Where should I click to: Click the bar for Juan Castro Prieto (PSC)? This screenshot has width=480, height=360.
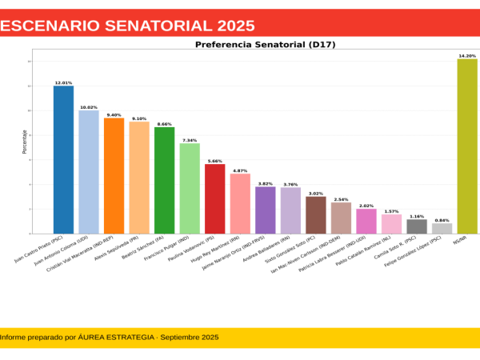(x=63, y=160)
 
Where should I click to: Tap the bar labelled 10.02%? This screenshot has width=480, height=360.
(x=89, y=172)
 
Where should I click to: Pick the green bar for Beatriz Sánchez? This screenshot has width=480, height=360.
(x=165, y=180)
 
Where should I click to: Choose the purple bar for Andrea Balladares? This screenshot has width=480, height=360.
(x=266, y=210)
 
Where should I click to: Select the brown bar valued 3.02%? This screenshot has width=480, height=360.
(x=316, y=215)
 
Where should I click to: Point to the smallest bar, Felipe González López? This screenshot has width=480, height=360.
(x=442, y=229)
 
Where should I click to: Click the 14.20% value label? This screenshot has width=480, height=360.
(x=467, y=56)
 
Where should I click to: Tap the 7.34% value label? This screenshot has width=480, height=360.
(x=190, y=140)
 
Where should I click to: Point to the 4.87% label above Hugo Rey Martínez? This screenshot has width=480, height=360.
(x=240, y=170)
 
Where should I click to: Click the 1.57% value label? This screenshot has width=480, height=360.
(x=391, y=211)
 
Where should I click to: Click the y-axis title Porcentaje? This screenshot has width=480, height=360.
(x=26, y=142)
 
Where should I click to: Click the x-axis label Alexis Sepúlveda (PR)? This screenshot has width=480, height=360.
(x=118, y=250)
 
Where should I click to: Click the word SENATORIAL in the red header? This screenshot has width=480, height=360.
(x=150, y=26)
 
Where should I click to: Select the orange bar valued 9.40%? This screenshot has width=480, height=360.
(x=114, y=176)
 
